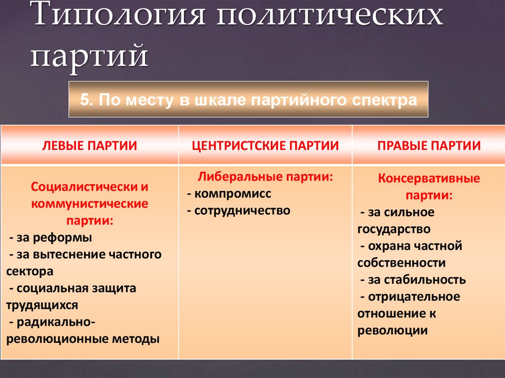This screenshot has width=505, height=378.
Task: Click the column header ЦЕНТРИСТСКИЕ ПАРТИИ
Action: (x=265, y=145)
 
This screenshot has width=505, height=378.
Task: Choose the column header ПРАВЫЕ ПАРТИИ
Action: (x=429, y=145)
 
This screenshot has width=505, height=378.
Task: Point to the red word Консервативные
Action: (x=429, y=178)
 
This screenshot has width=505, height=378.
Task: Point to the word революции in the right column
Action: (x=392, y=330)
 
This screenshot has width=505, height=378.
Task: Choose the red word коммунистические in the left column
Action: (x=89, y=204)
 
